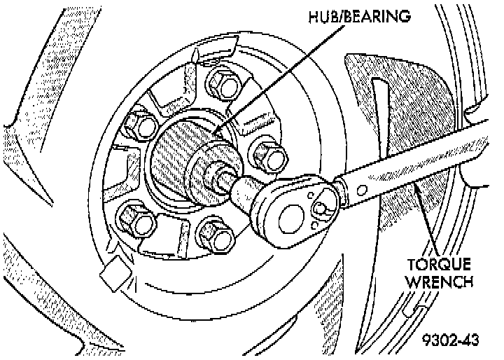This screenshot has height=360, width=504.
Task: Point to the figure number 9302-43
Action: pyautogui.click(x=451, y=341)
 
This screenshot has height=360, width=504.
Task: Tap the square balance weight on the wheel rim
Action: pyautogui.click(x=113, y=272)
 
